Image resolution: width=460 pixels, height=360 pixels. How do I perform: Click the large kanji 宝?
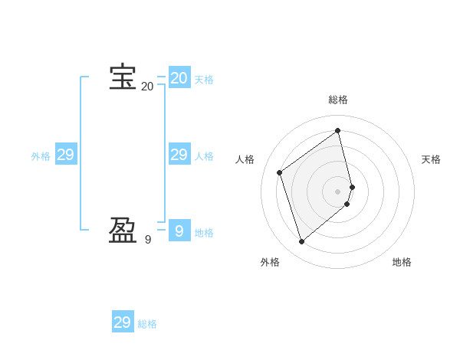click(123, 77)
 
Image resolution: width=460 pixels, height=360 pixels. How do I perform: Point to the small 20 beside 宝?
click(147, 87)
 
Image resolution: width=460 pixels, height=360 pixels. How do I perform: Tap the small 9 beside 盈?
click(147, 240)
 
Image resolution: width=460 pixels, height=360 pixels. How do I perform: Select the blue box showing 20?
click(179, 78)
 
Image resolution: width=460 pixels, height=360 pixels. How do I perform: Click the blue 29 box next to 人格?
click(179, 155)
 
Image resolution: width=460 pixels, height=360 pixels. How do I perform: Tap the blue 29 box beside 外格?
click(65, 155)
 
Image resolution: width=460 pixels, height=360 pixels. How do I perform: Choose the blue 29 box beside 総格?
click(123, 322)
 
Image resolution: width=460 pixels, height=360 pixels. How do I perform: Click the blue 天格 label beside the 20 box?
click(204, 80)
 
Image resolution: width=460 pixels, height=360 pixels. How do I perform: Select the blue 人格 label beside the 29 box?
click(204, 156)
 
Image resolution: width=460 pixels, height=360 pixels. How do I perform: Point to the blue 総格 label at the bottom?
click(147, 324)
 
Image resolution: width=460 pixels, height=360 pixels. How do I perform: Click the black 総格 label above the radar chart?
click(338, 100)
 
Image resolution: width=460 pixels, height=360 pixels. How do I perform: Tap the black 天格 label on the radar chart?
click(431, 159)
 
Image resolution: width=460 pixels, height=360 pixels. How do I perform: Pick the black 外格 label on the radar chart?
click(270, 262)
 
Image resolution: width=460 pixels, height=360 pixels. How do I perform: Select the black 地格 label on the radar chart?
click(402, 262)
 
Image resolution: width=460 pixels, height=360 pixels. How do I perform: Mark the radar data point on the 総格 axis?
click(338, 131)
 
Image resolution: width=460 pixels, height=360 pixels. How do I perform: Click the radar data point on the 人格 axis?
click(280, 172)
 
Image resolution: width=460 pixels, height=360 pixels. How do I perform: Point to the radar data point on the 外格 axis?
click(302, 242)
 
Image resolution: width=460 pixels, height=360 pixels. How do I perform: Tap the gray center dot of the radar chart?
click(338, 191)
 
